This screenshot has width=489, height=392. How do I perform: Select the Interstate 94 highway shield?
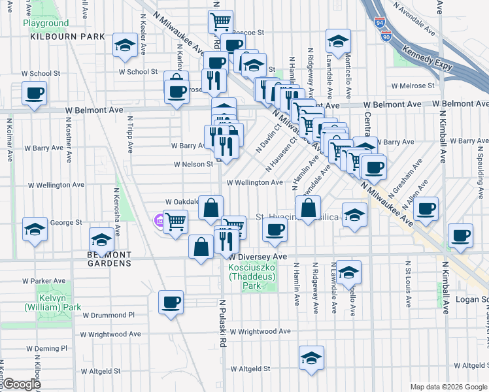point(380,25)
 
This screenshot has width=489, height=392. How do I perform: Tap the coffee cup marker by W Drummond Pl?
point(171,302)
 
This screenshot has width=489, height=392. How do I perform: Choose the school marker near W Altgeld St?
point(311,357)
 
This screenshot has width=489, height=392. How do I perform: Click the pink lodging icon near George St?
point(159,221)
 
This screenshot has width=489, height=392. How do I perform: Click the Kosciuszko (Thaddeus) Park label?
point(253,275)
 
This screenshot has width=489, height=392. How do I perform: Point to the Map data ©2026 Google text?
point(448,387)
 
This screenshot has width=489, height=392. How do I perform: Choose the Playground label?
point(46,23)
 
